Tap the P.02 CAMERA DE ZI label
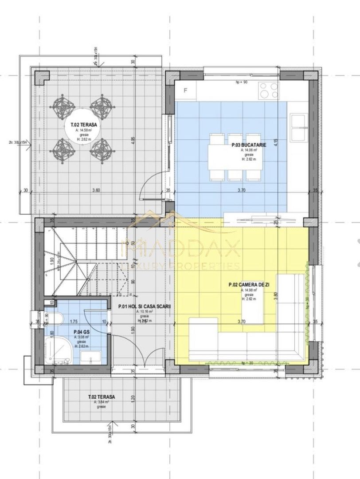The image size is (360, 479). (x=248, y=285)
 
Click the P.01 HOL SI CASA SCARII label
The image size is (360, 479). (x=144, y=306)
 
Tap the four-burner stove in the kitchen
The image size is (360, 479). (x=269, y=91)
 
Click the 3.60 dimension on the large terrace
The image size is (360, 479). (x=96, y=190)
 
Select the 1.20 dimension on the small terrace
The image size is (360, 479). (x=133, y=398)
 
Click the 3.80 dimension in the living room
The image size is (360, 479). (x=275, y=294)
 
